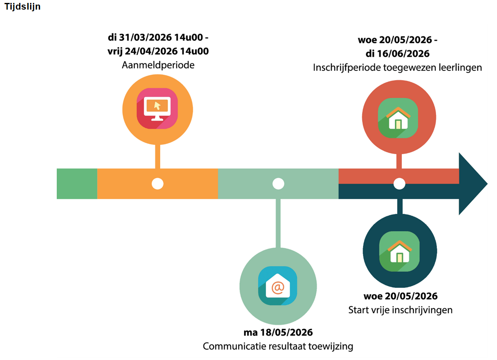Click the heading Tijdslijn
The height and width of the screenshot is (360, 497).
pyautogui.click(x=23, y=7)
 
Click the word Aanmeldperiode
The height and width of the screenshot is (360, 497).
pyautogui.click(x=158, y=65)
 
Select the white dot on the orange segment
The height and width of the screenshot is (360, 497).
pyautogui.click(x=157, y=184)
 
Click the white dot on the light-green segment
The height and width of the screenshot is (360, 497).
pyautogui.click(x=278, y=184)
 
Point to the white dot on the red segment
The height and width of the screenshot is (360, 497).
pyautogui.click(x=399, y=184)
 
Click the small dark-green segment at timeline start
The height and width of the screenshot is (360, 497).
pyautogui.click(x=77, y=184)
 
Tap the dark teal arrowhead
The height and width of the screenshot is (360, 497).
pyautogui.click(x=472, y=184)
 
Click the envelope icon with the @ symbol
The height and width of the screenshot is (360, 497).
pyautogui.click(x=278, y=286)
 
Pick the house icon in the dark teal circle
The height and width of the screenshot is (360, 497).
pyautogui.click(x=399, y=252)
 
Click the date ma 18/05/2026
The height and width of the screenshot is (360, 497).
pyautogui.click(x=278, y=332)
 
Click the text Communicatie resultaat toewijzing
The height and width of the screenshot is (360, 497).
pyautogui.click(x=278, y=346)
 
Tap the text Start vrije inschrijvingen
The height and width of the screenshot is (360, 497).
pyautogui.click(x=400, y=310)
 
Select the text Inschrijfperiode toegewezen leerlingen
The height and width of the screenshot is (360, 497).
pyautogui.click(x=397, y=67)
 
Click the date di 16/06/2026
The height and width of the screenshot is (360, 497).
pyautogui.click(x=397, y=54)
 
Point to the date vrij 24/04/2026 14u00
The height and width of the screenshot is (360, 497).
pyautogui.click(x=158, y=52)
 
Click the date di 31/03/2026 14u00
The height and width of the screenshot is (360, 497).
pyautogui.click(x=158, y=38)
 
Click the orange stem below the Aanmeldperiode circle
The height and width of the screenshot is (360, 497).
pyautogui.click(x=157, y=156)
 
